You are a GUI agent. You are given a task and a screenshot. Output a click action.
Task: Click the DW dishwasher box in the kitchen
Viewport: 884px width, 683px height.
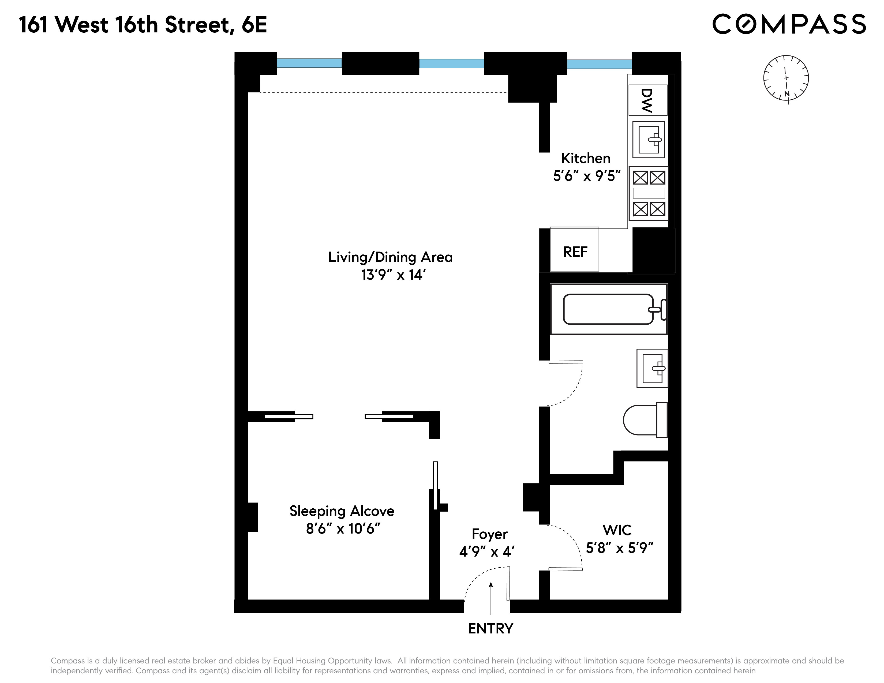pyautogui.click(x=648, y=100)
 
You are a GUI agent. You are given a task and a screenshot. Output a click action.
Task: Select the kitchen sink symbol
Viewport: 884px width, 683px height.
pyautogui.click(x=649, y=140)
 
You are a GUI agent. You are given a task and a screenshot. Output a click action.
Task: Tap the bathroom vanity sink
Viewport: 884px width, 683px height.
pyautogui.click(x=652, y=368)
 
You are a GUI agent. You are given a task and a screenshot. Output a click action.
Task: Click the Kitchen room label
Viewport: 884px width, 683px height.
pyautogui.click(x=586, y=158)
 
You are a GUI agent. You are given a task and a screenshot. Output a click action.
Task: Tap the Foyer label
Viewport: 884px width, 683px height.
pyautogui.click(x=489, y=534)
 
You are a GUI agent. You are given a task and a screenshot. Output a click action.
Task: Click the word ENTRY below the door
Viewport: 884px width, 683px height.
pyautogui.click(x=490, y=628)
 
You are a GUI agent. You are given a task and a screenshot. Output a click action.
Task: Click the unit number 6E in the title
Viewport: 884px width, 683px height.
pyautogui.click(x=254, y=25)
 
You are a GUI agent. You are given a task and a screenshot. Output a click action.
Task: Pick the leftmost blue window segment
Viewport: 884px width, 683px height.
pyautogui.click(x=309, y=63)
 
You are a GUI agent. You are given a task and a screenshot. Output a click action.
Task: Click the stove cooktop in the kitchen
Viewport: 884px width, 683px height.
pyautogui.click(x=649, y=193)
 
